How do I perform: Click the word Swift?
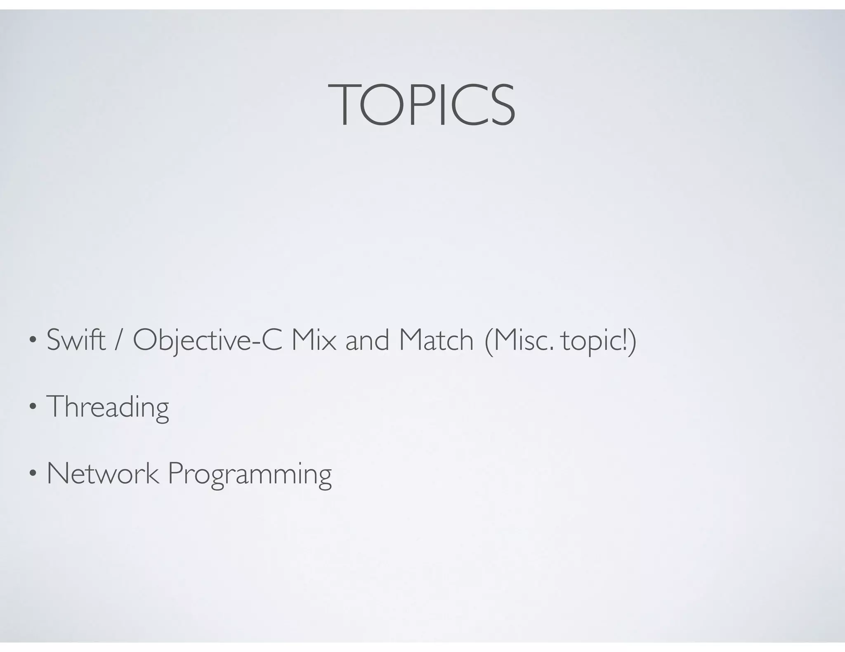coord(76,340)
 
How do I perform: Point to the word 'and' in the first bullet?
coord(367,341)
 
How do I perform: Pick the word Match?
coord(436,340)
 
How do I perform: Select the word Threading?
coord(108,407)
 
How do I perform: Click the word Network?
coord(103,474)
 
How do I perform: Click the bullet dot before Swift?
coord(32,341)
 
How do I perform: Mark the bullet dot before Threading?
coord(32,407)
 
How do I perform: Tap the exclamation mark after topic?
coord(623,340)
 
